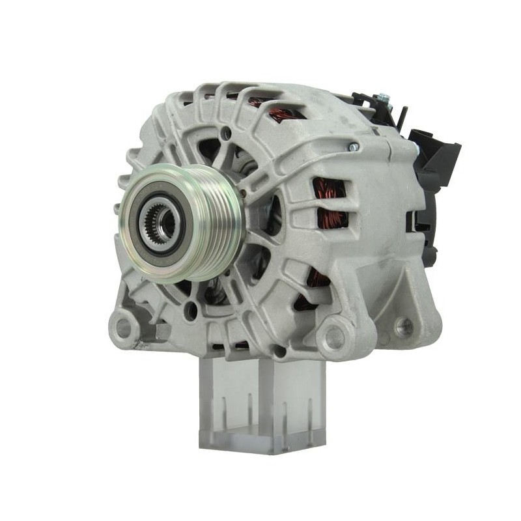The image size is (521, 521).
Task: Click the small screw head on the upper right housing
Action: point(354,147)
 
